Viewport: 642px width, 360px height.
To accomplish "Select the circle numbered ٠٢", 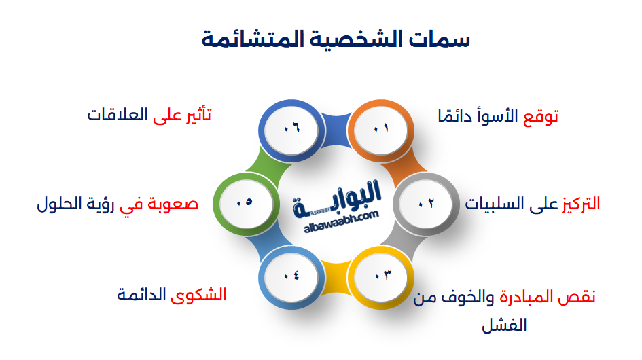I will [425, 203].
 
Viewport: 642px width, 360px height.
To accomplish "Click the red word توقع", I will [541, 115].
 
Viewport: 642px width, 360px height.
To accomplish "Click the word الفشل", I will [504, 325].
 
